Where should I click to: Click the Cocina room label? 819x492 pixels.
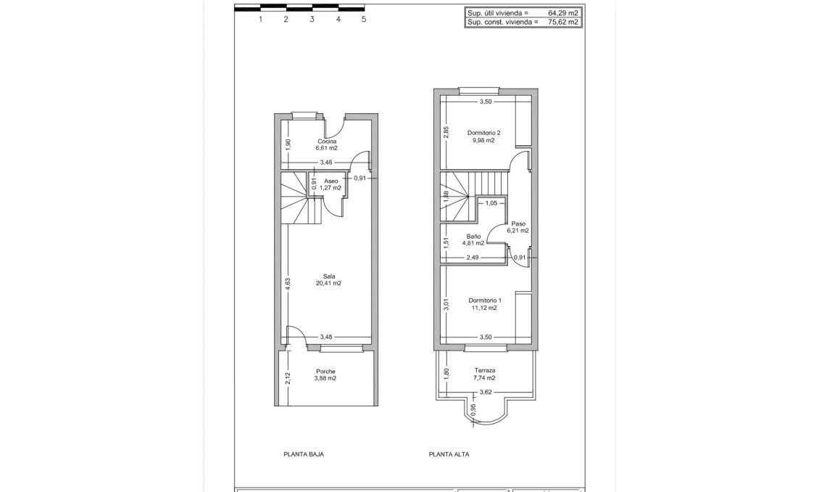(326, 142)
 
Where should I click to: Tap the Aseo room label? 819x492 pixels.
(331, 181)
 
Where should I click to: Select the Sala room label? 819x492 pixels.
(328, 276)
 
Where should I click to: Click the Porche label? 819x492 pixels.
(325, 372)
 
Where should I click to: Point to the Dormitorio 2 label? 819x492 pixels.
(484, 133)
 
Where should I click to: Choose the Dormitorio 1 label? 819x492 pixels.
(484, 300)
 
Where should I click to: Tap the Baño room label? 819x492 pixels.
(474, 237)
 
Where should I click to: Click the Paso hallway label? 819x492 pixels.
(518, 224)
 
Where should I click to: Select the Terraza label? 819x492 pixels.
(484, 370)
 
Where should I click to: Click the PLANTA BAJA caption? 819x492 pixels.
(304, 454)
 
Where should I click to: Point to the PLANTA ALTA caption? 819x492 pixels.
(449, 454)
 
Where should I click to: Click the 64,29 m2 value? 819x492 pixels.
(563, 12)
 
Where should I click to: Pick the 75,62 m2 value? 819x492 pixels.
(563, 22)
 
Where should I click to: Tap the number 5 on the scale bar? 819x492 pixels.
(364, 20)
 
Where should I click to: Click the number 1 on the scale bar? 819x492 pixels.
(260, 20)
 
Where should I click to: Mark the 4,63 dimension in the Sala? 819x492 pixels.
(288, 284)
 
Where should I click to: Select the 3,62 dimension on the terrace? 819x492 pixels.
(486, 393)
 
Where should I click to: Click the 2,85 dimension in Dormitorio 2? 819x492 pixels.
(447, 132)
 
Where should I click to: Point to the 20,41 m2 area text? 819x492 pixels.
(328, 283)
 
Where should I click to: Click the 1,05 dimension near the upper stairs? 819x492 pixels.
(491, 203)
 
